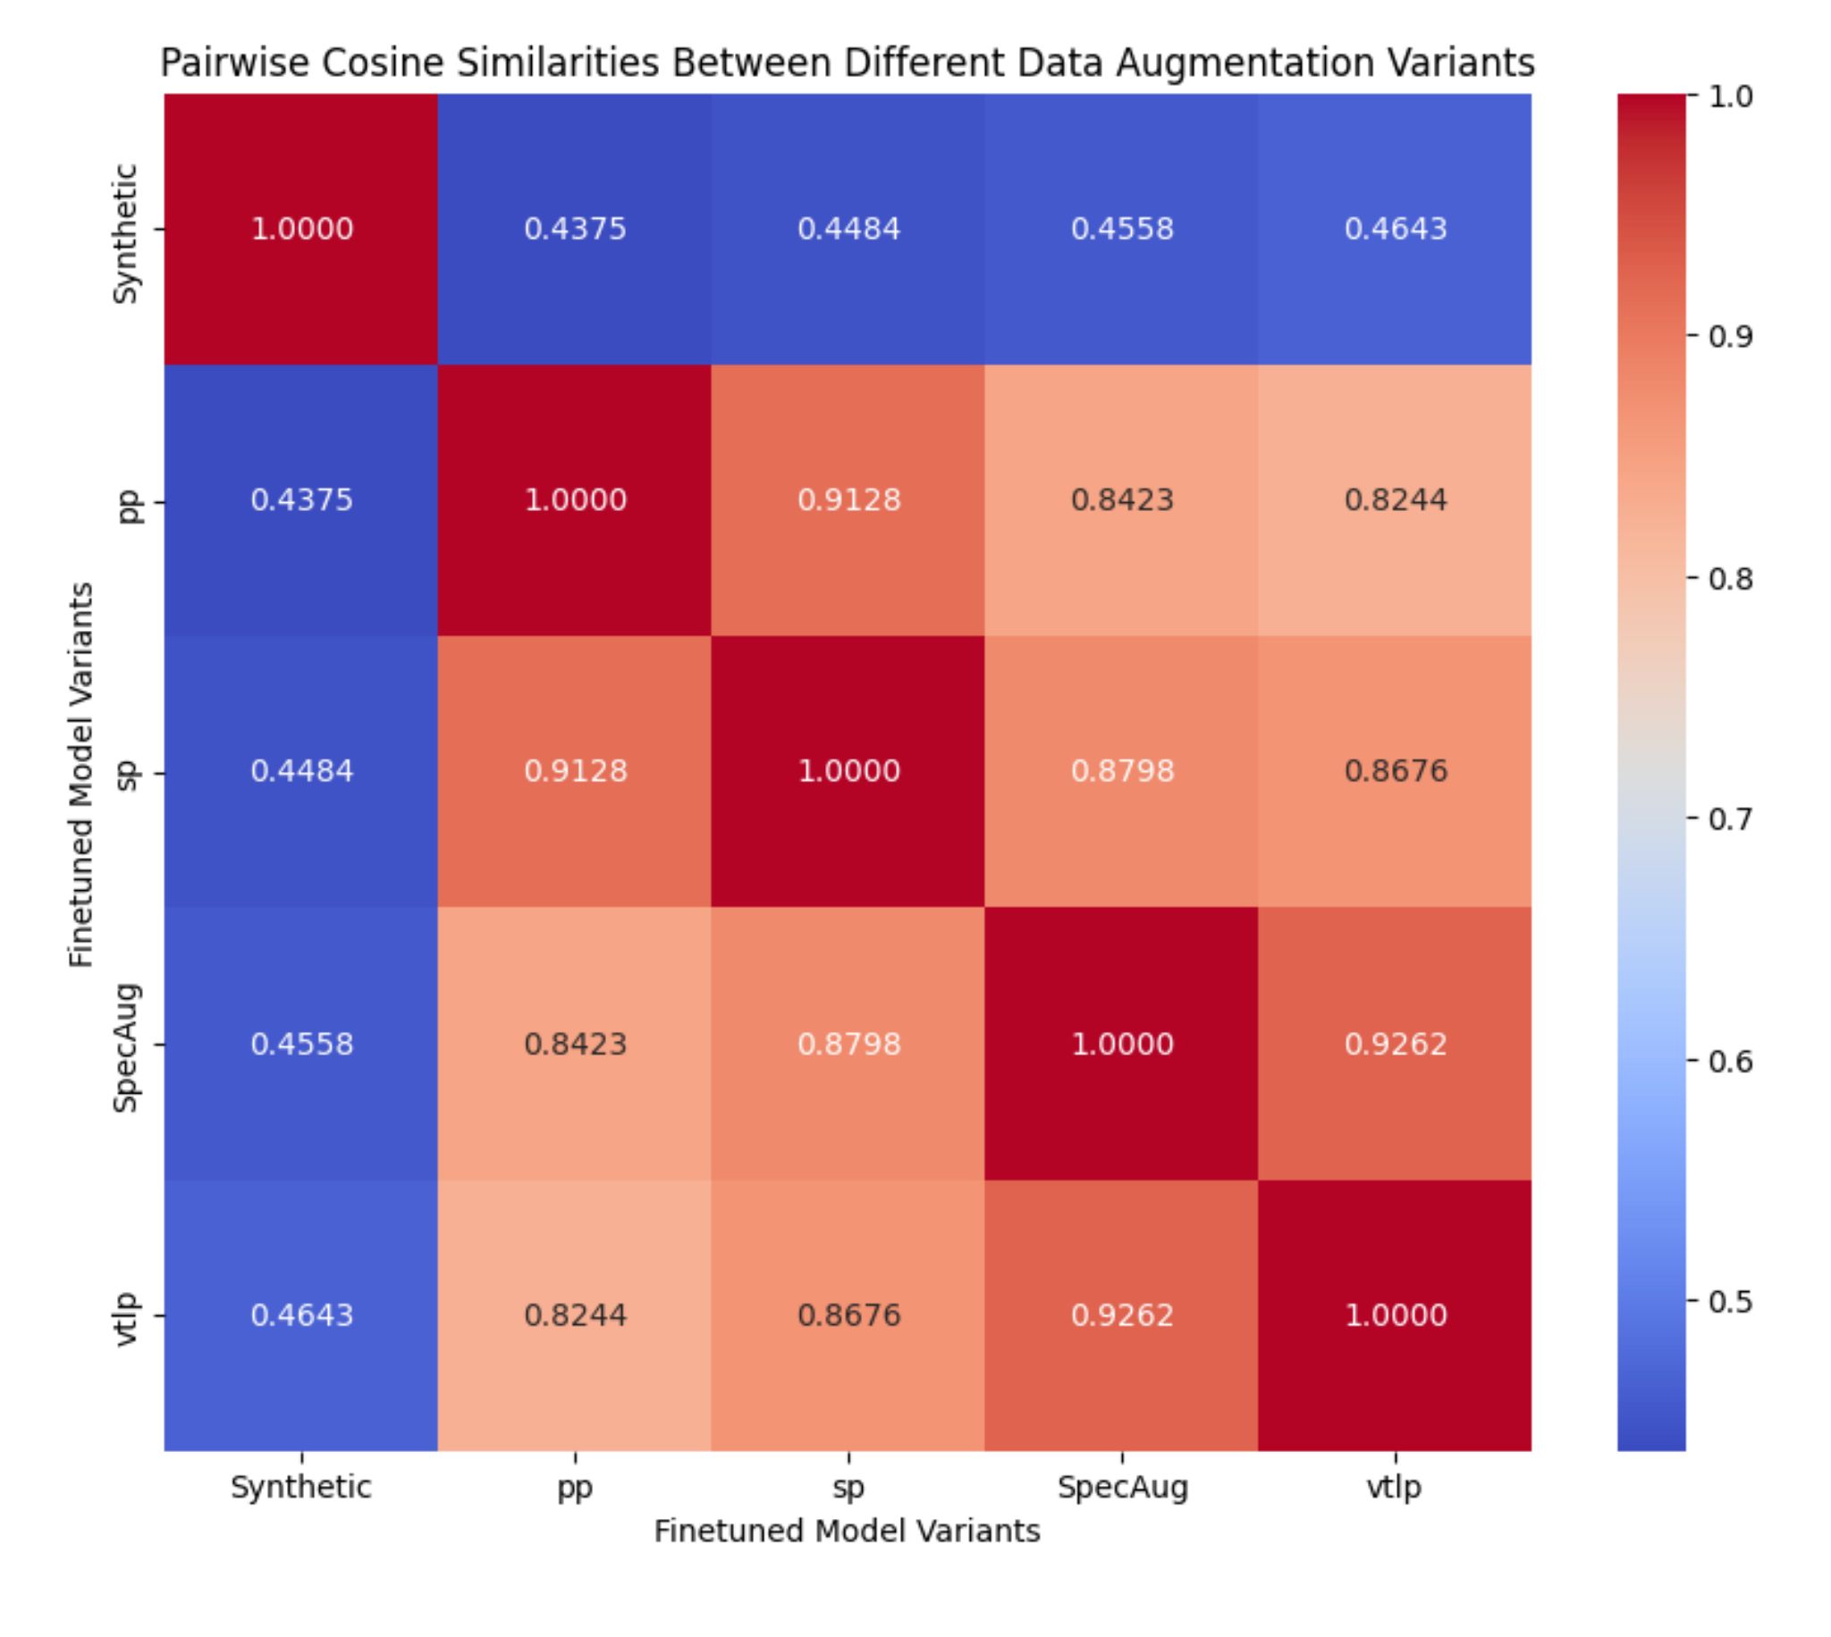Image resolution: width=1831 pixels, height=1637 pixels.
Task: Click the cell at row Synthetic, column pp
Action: (574, 229)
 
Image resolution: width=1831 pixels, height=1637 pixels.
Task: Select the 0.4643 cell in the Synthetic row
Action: (1395, 229)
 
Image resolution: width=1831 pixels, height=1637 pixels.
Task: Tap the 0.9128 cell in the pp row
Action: (848, 500)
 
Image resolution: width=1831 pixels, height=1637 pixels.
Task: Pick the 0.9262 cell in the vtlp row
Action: (1121, 1315)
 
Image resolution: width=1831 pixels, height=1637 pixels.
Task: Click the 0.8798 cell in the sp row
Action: (1121, 772)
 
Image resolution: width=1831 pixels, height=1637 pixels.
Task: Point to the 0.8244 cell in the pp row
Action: (1395, 500)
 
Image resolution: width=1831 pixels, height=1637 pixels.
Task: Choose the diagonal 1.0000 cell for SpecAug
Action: (1121, 1044)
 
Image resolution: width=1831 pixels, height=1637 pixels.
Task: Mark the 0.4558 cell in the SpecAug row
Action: (301, 1044)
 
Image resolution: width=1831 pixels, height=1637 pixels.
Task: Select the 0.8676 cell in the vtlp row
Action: (848, 1315)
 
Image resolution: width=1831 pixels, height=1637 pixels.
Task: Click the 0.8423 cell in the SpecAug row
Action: (574, 1044)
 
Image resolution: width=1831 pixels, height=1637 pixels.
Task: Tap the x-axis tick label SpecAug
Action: (1121, 1487)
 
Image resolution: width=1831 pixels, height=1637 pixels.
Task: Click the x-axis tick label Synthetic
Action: (301, 1487)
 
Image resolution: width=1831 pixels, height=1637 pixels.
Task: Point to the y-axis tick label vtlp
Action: (127, 1318)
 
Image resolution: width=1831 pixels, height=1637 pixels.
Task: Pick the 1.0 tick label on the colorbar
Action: (1729, 97)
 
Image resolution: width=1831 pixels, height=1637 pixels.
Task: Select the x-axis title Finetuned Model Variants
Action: (847, 1531)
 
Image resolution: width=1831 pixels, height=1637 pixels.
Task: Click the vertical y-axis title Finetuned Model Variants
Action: (81, 775)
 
